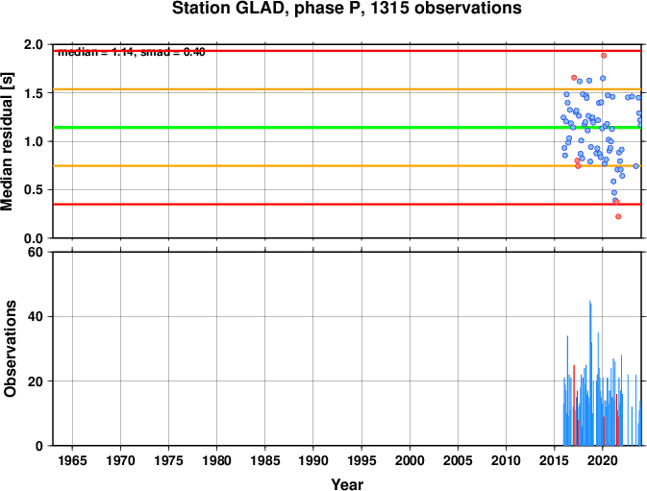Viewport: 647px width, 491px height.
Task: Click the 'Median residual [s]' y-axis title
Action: [9, 141]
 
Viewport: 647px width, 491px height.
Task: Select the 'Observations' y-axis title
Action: [9, 349]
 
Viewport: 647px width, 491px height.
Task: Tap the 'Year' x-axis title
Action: [346, 484]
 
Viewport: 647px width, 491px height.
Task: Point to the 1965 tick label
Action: [72, 461]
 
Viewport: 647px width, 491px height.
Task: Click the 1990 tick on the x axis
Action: [313, 461]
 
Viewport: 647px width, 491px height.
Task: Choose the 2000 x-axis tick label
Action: [411, 461]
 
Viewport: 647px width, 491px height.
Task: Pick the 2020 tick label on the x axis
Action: [603, 461]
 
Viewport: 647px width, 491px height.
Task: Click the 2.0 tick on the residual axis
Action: [33, 45]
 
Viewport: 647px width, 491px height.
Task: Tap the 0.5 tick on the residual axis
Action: [33, 190]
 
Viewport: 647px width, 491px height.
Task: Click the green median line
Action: [288, 128]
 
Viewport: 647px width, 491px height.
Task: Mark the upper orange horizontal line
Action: [288, 89]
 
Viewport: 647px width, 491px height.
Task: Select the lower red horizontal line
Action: [288, 204]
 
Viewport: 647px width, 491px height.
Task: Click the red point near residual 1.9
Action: [604, 55]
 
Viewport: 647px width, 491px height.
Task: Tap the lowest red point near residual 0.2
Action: [618, 216]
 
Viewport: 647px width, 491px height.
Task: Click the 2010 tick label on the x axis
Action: [507, 461]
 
